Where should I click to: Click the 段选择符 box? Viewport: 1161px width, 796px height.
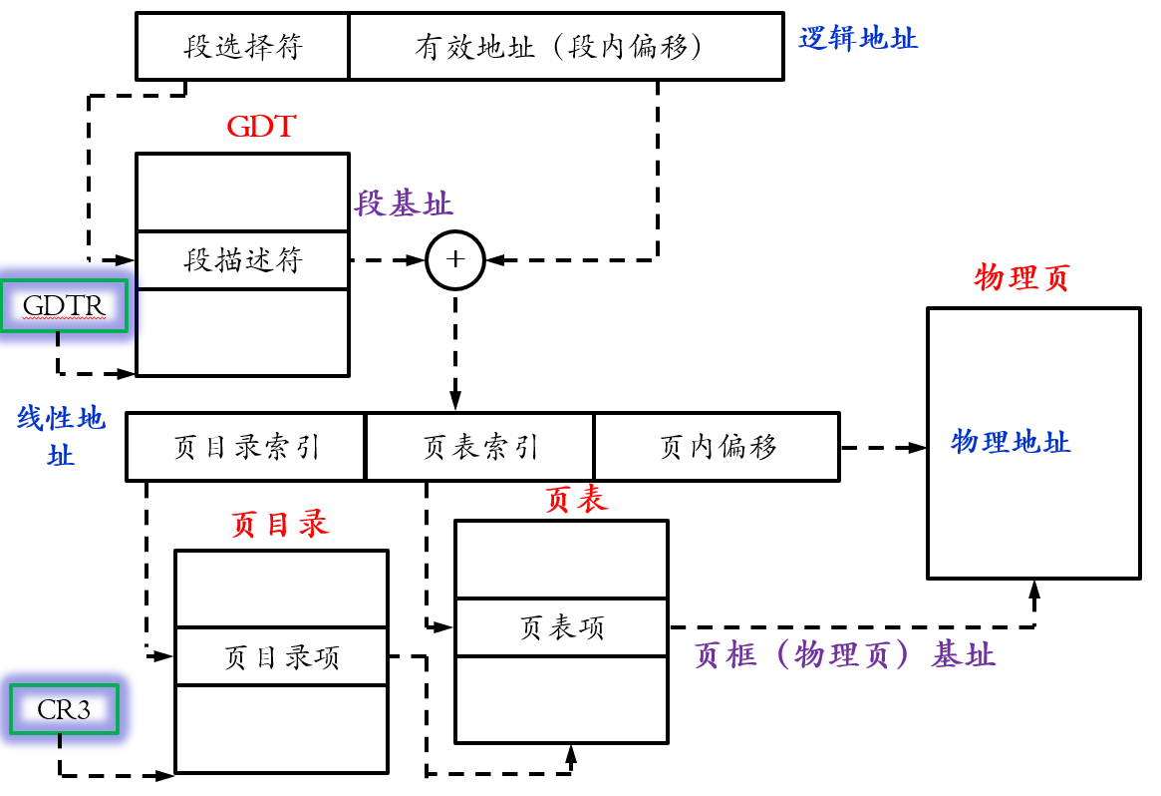[x=242, y=47]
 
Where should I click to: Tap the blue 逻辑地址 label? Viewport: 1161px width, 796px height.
[x=858, y=39]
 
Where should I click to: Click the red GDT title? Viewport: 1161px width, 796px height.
[x=261, y=127]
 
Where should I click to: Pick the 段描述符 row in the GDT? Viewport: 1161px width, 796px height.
[x=242, y=260]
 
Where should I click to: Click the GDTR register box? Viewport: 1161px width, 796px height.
[x=64, y=305]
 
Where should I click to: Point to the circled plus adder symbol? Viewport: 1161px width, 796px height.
[x=455, y=260]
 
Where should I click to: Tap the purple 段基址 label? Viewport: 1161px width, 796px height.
[x=404, y=204]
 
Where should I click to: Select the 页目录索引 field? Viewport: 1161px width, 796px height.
[x=246, y=446]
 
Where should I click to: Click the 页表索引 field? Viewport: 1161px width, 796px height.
[x=480, y=446]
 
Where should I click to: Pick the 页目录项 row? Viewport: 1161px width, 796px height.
[x=281, y=657]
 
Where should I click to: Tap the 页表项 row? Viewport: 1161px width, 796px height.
[x=561, y=627]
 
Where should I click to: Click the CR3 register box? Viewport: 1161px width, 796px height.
[x=64, y=709]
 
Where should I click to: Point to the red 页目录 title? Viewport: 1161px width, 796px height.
[x=279, y=525]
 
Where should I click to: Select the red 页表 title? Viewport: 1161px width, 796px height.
[x=576, y=501]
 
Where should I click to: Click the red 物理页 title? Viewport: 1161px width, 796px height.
[x=1020, y=278]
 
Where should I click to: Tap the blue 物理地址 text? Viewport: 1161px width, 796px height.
[x=1011, y=441]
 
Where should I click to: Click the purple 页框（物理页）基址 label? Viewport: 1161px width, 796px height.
[x=844, y=655]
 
